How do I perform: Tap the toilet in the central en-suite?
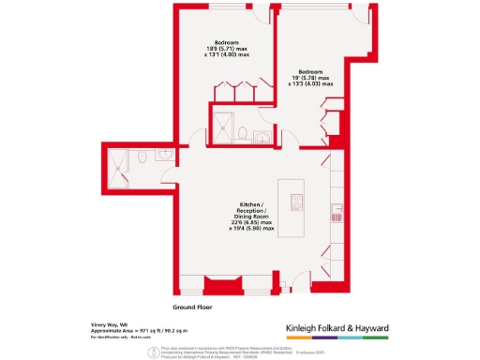(x=242, y=133)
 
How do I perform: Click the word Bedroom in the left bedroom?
(x=226, y=42)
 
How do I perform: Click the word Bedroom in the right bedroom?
(x=311, y=71)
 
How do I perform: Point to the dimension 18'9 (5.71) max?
(x=226, y=49)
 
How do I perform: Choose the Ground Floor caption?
(x=195, y=307)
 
